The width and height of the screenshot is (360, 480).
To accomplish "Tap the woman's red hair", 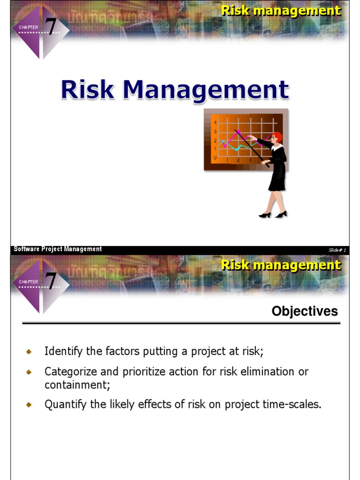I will (x=277, y=137).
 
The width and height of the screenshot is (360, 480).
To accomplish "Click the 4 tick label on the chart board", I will (x=215, y=123).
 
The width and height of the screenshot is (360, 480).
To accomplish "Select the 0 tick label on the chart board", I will (x=215, y=158).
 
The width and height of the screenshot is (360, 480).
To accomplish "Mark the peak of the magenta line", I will (x=238, y=131).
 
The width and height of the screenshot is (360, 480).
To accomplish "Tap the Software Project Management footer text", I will (x=58, y=249).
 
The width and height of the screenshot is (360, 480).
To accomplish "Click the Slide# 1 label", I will (x=337, y=250).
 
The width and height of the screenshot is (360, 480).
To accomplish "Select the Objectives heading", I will (x=304, y=311).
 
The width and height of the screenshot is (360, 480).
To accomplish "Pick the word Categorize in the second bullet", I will (x=70, y=372).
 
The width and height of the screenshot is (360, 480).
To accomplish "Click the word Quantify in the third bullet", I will (x=66, y=405).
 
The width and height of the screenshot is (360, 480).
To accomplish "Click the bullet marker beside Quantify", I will (x=29, y=405).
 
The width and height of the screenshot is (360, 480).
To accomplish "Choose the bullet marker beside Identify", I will (x=29, y=352).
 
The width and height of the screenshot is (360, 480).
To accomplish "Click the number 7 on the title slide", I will (x=50, y=27).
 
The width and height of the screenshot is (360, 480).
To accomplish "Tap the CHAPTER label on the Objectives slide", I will (x=29, y=282).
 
